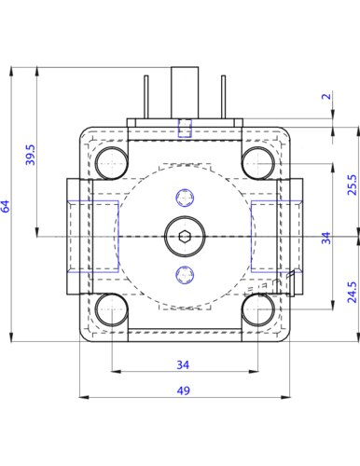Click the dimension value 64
(6, 206)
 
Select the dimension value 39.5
(31, 155)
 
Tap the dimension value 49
(183, 391)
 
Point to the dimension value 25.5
(353, 185)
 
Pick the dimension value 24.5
(352, 292)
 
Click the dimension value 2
(326, 96)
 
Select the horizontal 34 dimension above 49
(183, 364)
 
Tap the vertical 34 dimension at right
(325, 239)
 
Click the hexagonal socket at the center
(185, 237)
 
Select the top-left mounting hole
(111, 163)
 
